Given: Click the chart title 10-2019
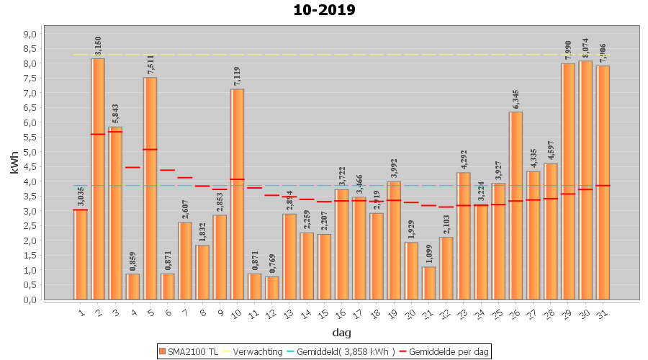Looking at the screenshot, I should click(324, 10).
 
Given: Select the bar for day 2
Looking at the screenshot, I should click(98, 180).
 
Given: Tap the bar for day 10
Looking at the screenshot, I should click(237, 194).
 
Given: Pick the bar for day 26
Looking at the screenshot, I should click(516, 206).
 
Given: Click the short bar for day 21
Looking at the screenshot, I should click(428, 284).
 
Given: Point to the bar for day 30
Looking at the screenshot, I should click(585, 180).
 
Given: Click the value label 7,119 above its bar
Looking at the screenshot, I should click(237, 76).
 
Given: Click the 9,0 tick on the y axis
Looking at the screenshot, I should click(30, 34).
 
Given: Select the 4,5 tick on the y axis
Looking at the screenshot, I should click(30, 167).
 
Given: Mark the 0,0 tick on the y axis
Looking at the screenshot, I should click(30, 300).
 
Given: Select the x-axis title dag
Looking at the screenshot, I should click(341, 333).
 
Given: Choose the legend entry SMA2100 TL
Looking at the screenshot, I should click(190, 351).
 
